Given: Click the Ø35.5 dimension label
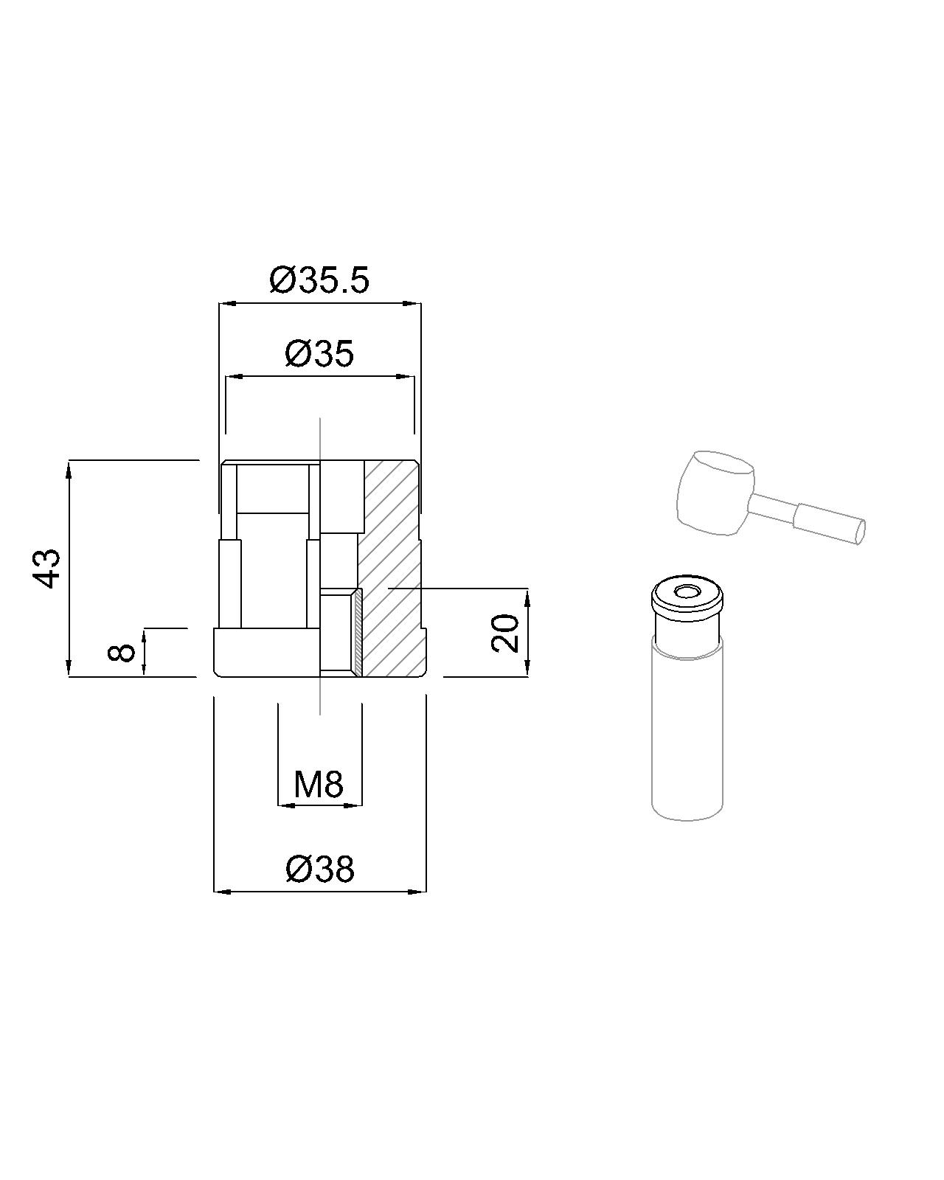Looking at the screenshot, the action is point(319,281).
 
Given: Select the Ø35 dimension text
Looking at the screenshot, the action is point(319,353).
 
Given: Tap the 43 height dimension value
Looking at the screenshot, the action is point(46,568).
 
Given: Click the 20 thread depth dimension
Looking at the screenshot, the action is point(505,633).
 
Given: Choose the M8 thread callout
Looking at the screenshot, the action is point(319,785).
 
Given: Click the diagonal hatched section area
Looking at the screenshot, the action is point(391,569).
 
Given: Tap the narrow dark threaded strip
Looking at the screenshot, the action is point(358,632).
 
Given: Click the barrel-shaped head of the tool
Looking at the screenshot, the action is point(716,491).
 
